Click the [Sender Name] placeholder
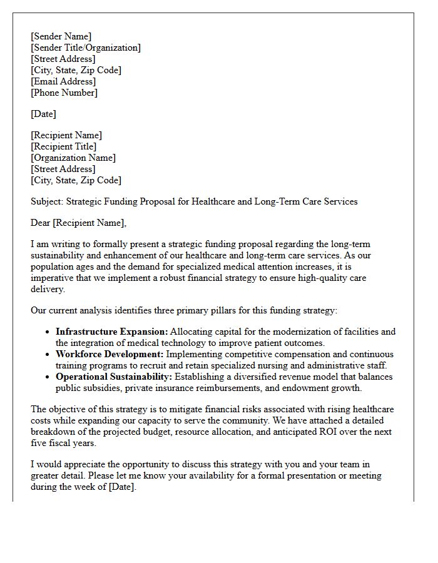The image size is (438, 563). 61,36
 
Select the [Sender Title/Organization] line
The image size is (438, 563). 86,48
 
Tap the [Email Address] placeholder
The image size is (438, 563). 63,81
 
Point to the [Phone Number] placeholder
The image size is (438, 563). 64,93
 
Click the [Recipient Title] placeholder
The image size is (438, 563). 63,146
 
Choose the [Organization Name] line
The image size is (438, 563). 73,158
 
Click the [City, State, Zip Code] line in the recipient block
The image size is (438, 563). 76,180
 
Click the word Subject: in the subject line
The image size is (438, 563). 47,201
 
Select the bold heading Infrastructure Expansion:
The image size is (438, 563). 112,332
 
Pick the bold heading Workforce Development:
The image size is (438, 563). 110,354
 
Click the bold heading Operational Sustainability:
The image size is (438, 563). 114,377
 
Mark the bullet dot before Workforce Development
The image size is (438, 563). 48,355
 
